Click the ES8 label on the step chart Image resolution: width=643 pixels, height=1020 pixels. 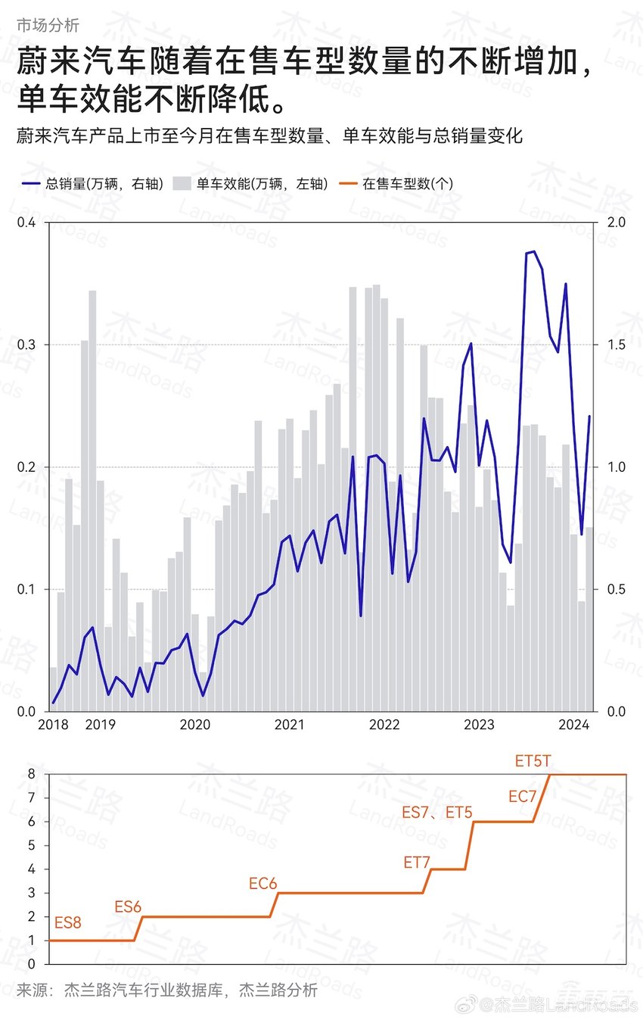68,922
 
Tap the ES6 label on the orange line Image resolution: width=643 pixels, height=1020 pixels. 128,906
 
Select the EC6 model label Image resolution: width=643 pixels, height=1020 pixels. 263,883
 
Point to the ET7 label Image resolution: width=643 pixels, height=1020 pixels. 417,862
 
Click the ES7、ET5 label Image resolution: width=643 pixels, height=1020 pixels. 436,813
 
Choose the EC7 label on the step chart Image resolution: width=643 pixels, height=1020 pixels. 522,796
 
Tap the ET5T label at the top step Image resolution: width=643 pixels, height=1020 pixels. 533,761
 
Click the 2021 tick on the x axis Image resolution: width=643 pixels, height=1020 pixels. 289,725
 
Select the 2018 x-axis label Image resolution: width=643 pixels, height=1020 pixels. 53,725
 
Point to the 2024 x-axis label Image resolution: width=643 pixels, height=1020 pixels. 573,725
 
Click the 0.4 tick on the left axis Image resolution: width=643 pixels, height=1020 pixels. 26,223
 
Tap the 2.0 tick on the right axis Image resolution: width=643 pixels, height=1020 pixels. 617,223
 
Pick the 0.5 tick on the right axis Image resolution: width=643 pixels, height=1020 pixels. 617,589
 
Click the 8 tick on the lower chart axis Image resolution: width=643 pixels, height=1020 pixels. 31,774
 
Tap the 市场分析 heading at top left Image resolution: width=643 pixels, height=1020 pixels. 48,25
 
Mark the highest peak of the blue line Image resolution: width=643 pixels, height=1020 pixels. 533,251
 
